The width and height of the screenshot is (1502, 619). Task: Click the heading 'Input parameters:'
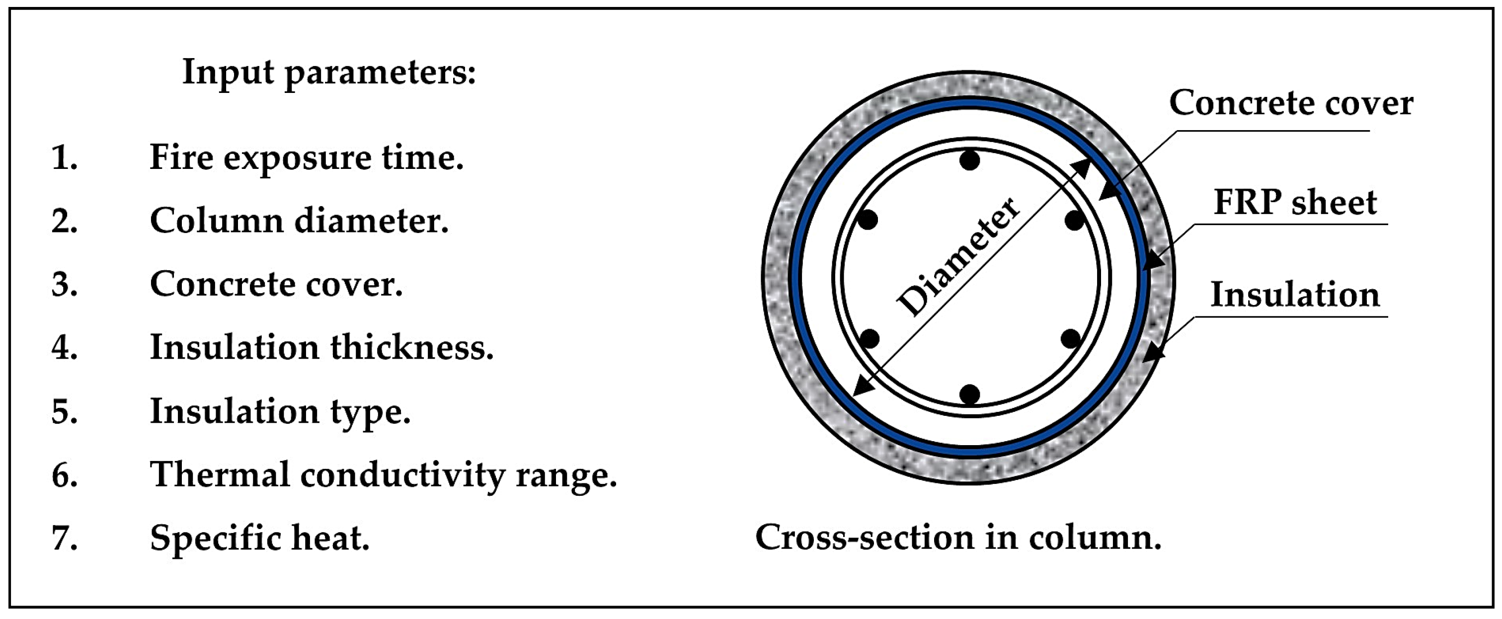pyautogui.click(x=329, y=74)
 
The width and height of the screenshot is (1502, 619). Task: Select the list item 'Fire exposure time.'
pyautogui.click(x=306, y=158)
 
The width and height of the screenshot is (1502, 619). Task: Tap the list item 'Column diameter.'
pyautogui.click(x=299, y=222)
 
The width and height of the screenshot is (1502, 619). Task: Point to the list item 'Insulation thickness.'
pyautogui.click(x=321, y=348)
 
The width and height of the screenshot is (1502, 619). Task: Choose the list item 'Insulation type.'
pyautogui.click(x=280, y=411)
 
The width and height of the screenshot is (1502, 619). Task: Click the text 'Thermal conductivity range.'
pyautogui.click(x=383, y=475)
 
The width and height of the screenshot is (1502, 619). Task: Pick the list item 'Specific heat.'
pyautogui.click(x=259, y=538)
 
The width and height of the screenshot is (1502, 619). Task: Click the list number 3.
pyautogui.click(x=64, y=285)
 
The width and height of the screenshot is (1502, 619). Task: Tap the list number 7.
pyautogui.click(x=64, y=538)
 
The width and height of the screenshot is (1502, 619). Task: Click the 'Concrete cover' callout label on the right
pyautogui.click(x=1291, y=104)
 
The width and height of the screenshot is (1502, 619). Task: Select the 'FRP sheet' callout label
pyautogui.click(x=1295, y=203)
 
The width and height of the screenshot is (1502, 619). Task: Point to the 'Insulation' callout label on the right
pyautogui.click(x=1295, y=295)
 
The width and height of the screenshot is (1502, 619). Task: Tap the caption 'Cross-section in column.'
pyautogui.click(x=958, y=538)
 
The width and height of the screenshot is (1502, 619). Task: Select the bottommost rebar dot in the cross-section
pyautogui.click(x=970, y=394)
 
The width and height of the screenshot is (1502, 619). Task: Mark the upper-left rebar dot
pyautogui.click(x=868, y=220)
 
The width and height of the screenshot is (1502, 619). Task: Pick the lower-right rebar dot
pyautogui.click(x=1071, y=338)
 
